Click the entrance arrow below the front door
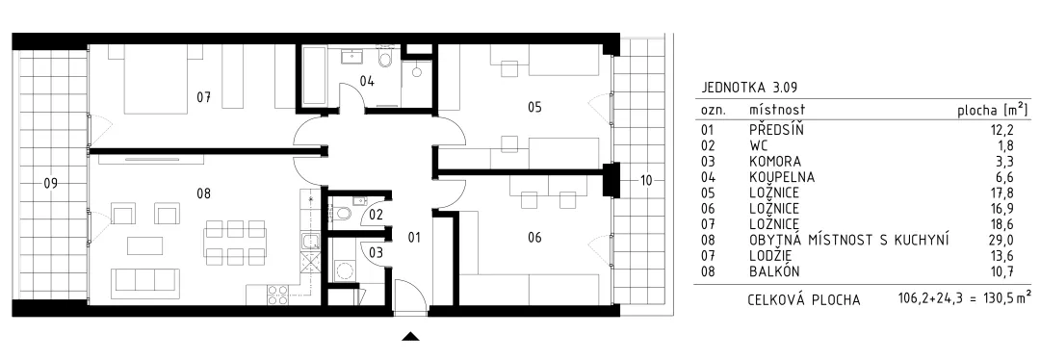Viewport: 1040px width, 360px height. tap(411, 336)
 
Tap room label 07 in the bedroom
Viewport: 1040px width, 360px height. tap(203, 97)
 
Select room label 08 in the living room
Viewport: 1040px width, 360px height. tap(203, 193)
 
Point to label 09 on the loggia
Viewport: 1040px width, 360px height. tap(50, 184)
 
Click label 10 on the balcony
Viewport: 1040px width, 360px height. tap(647, 180)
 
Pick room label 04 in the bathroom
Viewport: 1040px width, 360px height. tap(368, 82)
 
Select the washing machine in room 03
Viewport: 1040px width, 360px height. tap(344, 270)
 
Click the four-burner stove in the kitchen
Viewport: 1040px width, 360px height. tap(278, 296)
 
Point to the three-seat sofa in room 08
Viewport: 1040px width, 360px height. tap(144, 283)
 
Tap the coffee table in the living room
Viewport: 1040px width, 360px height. tap(144, 245)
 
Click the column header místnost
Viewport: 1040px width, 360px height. tap(777, 109)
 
